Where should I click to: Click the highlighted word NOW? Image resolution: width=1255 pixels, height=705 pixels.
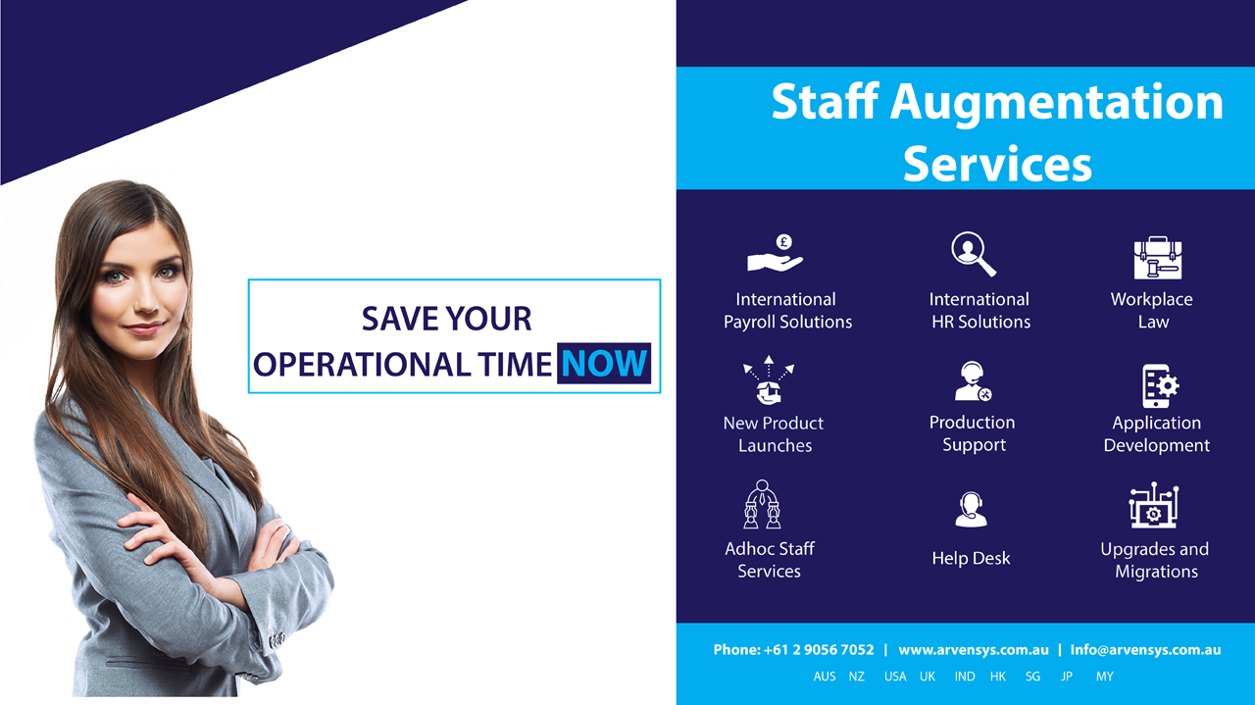[604, 363]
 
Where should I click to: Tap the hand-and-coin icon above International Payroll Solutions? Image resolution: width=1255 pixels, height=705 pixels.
[775, 253]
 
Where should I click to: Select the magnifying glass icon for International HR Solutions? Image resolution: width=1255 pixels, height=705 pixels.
[974, 254]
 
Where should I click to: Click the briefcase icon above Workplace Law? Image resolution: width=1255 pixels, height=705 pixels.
[1158, 258]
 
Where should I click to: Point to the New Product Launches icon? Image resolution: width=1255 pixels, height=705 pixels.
[769, 379]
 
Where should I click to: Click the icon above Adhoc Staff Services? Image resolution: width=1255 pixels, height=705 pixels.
[762, 504]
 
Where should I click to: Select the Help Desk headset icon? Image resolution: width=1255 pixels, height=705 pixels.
[971, 510]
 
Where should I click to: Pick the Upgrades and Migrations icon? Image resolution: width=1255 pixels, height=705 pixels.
[1154, 505]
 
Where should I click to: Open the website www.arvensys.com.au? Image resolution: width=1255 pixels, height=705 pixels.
[974, 650]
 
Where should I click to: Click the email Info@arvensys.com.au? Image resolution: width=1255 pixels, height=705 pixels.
[1145, 650]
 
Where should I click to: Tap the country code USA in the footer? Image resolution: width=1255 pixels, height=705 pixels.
[895, 677]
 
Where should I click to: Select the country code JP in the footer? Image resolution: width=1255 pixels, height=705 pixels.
[1067, 677]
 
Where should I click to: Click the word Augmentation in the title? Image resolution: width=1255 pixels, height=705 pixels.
[1057, 103]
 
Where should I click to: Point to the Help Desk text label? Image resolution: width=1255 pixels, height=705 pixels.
[971, 558]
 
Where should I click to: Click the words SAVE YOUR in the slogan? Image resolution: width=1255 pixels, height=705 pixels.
[446, 319]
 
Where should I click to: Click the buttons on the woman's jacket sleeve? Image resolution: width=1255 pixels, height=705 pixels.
[276, 639]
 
